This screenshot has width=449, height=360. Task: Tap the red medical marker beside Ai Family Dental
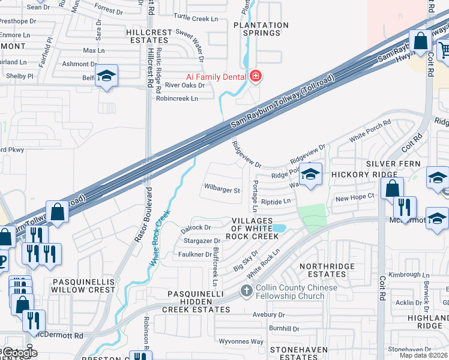256,76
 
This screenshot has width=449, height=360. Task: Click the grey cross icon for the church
246,292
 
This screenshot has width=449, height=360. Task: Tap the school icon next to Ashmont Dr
106,76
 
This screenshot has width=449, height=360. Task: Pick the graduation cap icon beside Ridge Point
310,175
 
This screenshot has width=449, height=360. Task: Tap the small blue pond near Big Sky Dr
278,228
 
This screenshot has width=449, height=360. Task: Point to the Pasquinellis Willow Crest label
83,285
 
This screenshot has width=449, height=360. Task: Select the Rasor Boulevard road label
143,216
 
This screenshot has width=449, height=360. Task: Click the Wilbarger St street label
222,191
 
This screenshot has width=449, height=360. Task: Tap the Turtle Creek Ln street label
196,19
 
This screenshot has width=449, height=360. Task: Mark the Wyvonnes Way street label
241,341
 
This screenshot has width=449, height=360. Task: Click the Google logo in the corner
20,353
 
